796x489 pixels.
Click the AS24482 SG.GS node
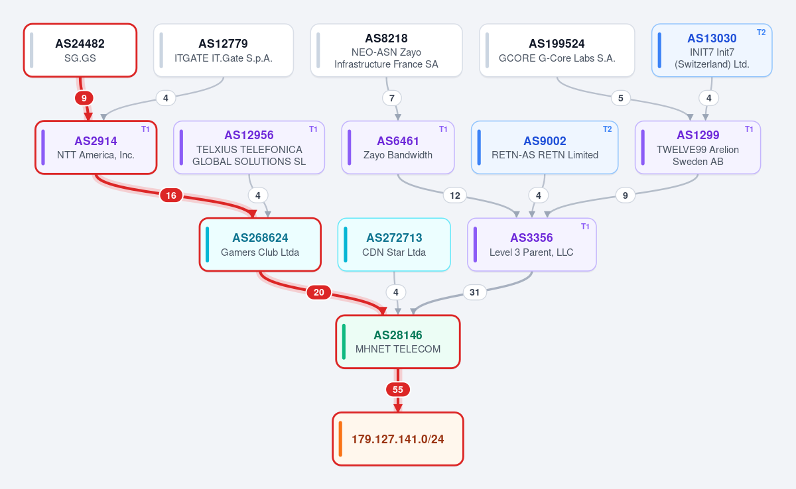click(x=80, y=50)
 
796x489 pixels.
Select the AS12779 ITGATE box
click(x=224, y=50)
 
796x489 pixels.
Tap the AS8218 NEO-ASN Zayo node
click(x=386, y=50)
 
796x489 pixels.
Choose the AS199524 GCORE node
click(x=557, y=50)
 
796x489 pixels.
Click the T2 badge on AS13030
click(x=762, y=32)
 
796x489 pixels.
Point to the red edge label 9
click(x=84, y=98)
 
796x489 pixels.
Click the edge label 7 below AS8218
click(x=392, y=98)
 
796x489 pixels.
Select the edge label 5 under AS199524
click(x=620, y=98)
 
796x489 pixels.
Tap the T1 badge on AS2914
click(x=145, y=129)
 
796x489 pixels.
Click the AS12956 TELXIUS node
click(x=249, y=148)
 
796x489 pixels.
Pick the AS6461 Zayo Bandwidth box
click(x=398, y=148)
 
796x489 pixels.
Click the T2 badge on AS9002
click(x=608, y=129)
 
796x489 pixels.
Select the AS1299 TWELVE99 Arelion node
click(x=698, y=148)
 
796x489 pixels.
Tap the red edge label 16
click(x=171, y=195)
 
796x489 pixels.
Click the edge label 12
click(x=455, y=195)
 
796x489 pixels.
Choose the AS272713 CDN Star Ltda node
click(x=394, y=244)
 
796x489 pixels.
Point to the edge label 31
click(x=474, y=292)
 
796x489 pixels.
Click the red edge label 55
click(x=398, y=390)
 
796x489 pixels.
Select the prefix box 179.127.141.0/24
click(x=398, y=439)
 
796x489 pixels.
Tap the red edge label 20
click(x=319, y=292)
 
